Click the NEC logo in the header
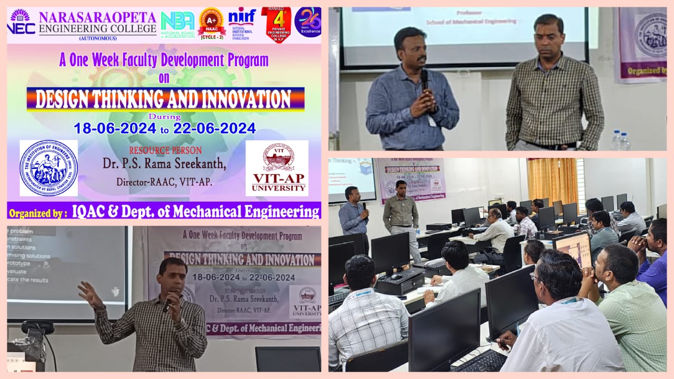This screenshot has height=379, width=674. [x=21, y=22]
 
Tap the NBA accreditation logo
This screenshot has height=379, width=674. [x=177, y=24]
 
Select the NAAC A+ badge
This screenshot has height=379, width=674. [x=212, y=22]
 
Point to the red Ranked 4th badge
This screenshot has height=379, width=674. [x=276, y=24]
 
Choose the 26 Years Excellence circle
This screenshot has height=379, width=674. [x=308, y=22]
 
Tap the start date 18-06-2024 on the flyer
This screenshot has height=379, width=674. [x=115, y=128]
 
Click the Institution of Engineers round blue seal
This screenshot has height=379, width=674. [x=48, y=168]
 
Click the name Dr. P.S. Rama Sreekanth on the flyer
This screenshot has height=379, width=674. [x=164, y=164]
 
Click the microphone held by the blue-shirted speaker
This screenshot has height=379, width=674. [x=424, y=79]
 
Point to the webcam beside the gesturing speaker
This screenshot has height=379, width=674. [x=38, y=328]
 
